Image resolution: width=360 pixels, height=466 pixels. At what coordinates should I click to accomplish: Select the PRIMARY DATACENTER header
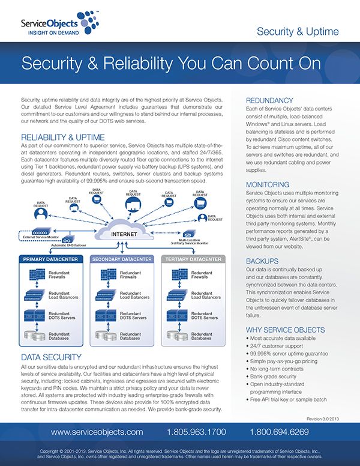[x=50, y=259]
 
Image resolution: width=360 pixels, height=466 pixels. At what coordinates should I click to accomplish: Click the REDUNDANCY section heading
[x=270, y=100]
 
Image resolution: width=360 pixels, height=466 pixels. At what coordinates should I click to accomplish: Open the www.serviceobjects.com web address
[x=97, y=432]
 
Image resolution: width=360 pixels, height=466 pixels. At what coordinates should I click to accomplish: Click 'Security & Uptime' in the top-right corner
[x=298, y=31]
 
